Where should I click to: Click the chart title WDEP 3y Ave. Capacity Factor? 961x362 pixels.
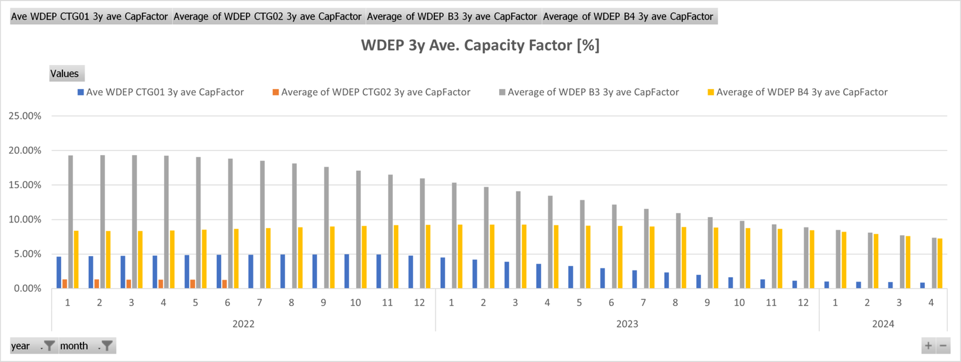(480, 46)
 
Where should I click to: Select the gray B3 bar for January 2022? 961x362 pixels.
(70, 222)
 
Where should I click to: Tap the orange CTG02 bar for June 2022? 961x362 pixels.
(225, 284)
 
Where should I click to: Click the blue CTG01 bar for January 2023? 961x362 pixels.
(443, 273)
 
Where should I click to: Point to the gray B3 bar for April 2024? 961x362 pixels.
(934, 263)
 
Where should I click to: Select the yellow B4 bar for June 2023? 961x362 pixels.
(620, 257)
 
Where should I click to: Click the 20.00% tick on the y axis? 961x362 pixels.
(25, 150)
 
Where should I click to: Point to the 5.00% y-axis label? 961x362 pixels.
(25, 254)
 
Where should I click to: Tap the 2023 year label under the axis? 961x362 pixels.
(627, 324)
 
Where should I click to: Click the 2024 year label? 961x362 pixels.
(883, 324)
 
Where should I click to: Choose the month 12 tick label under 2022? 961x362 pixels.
(419, 303)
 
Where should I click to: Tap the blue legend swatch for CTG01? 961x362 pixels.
(80, 92)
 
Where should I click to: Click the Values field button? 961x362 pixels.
(65, 73)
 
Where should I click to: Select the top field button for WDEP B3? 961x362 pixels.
(452, 16)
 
